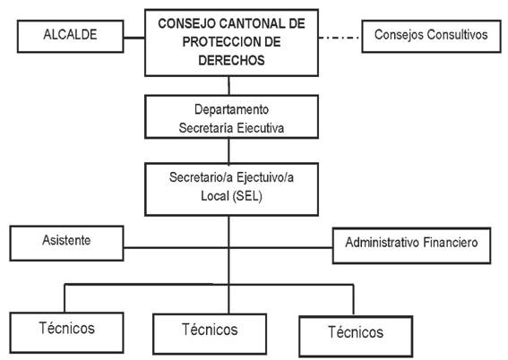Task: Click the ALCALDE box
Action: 70,36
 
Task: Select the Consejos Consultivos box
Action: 431,36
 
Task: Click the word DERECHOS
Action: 231,61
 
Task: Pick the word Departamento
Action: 231,110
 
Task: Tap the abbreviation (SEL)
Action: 247,196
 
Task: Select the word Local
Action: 215,196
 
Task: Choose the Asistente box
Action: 66,243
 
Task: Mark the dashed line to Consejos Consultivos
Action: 340,38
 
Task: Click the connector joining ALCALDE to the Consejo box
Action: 134,38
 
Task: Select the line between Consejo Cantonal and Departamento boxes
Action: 229,85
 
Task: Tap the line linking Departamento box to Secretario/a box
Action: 229,150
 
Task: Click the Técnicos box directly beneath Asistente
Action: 66,332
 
